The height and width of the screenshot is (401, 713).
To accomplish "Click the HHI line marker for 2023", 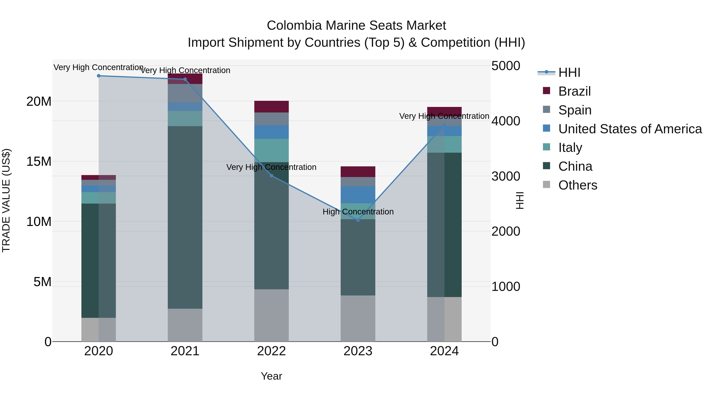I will [x=358, y=220].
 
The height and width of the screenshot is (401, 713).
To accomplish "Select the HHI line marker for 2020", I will [x=99, y=76].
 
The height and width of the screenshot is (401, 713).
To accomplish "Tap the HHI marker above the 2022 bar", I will [x=272, y=176].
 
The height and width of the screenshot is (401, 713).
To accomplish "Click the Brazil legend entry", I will [x=574, y=91].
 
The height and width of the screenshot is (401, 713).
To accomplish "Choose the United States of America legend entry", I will [x=630, y=129].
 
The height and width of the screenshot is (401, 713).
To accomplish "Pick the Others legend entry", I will [x=578, y=185].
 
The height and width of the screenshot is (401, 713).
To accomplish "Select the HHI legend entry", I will [x=569, y=72].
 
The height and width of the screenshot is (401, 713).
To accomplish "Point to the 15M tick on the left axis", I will [x=39, y=161].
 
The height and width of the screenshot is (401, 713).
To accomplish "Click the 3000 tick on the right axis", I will [x=506, y=176].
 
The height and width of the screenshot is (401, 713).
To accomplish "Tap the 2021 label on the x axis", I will [x=185, y=351].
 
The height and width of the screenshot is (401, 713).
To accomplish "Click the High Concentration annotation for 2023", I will [x=358, y=212].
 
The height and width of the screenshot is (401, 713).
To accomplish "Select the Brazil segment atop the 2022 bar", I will [x=272, y=107].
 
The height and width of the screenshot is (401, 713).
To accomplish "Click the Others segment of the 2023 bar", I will [x=358, y=318].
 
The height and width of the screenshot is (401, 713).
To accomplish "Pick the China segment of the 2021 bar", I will [x=185, y=217].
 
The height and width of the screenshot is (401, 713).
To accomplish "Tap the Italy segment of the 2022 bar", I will [x=272, y=150].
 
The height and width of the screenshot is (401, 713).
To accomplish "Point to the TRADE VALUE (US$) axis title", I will [x=6, y=200].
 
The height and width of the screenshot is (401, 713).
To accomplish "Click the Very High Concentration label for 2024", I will [x=444, y=116].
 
